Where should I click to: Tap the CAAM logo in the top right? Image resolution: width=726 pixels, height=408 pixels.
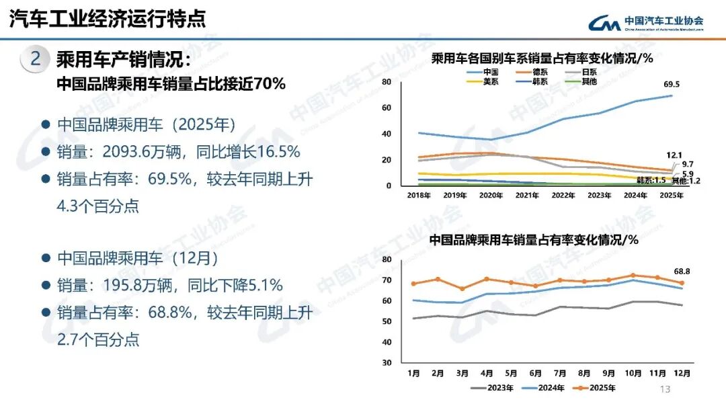(x=645, y=24)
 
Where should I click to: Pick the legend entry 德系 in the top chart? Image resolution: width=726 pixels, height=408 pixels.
(x=540, y=72)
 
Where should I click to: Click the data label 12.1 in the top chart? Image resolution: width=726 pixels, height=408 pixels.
(x=675, y=155)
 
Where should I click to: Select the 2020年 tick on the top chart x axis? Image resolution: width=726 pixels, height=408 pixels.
(x=491, y=196)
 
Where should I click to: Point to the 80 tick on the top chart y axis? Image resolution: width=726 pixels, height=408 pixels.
(x=386, y=82)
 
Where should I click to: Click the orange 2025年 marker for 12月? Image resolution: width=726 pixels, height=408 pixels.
(x=682, y=283)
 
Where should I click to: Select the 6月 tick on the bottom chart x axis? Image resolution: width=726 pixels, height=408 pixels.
(x=536, y=372)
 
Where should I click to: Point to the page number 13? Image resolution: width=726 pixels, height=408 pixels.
(x=666, y=389)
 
